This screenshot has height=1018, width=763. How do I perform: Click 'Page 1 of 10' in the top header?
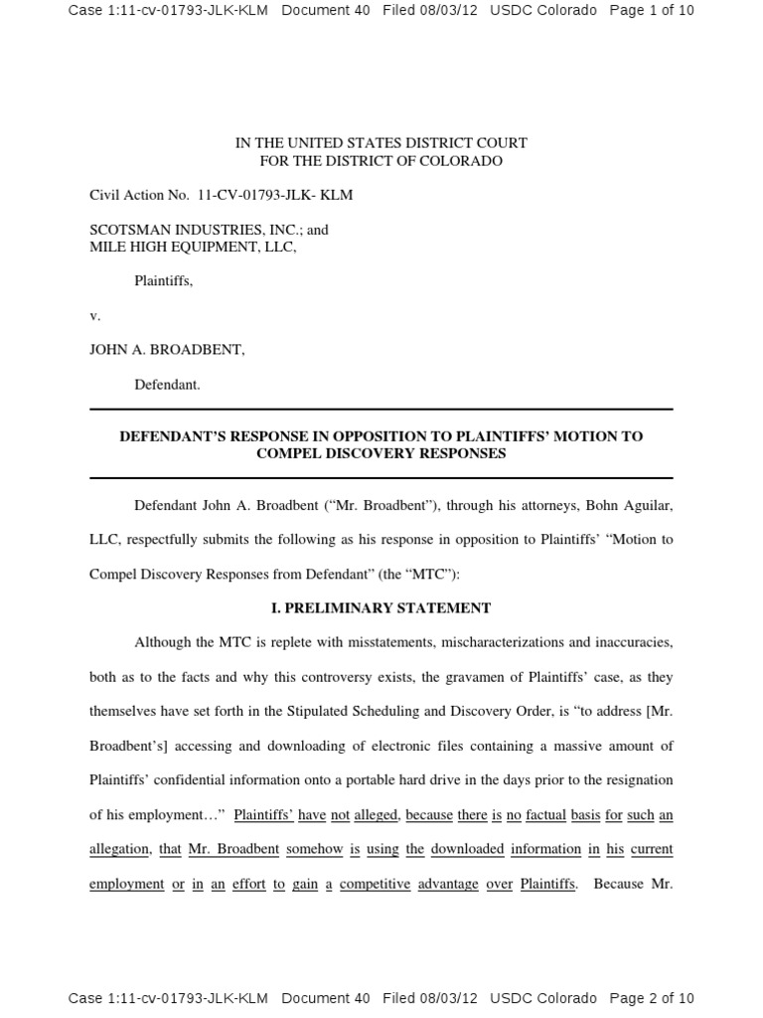click(x=651, y=11)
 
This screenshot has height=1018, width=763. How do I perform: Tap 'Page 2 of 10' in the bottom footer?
click(x=651, y=998)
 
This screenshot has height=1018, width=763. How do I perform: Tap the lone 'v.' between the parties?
click(x=95, y=315)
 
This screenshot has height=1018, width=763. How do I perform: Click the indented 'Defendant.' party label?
click(x=167, y=385)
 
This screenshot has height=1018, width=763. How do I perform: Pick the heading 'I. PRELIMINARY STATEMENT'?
click(x=381, y=607)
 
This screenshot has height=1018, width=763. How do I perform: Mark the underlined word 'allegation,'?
click(x=120, y=849)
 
